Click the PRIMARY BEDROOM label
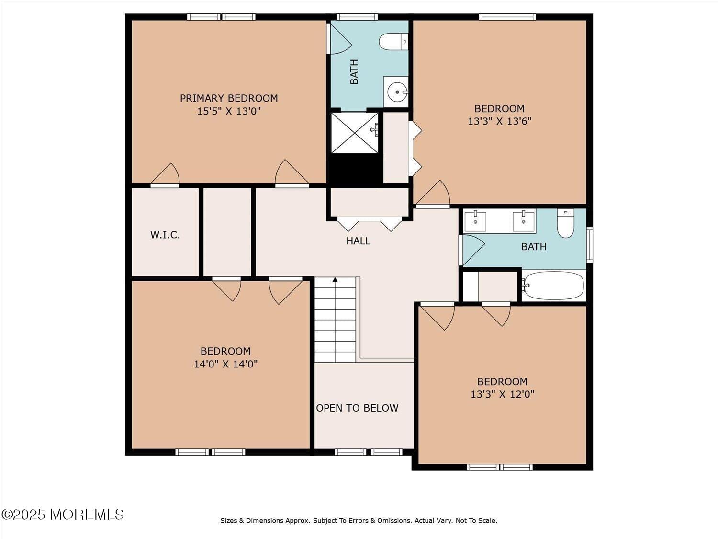point(229,98)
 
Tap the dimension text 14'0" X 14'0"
point(225,364)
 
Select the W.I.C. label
point(165,235)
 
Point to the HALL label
point(358,241)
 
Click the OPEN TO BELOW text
point(357,408)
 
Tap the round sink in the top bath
point(397,92)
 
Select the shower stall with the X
point(355,133)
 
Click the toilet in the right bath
point(565,223)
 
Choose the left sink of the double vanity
point(475,221)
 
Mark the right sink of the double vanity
point(523,221)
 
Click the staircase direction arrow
point(335,279)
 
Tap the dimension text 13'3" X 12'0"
point(502,394)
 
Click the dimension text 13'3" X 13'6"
point(499,121)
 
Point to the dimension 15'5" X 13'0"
point(229,111)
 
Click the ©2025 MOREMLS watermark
point(63,515)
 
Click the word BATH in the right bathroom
point(534,247)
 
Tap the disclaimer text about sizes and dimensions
point(359,520)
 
